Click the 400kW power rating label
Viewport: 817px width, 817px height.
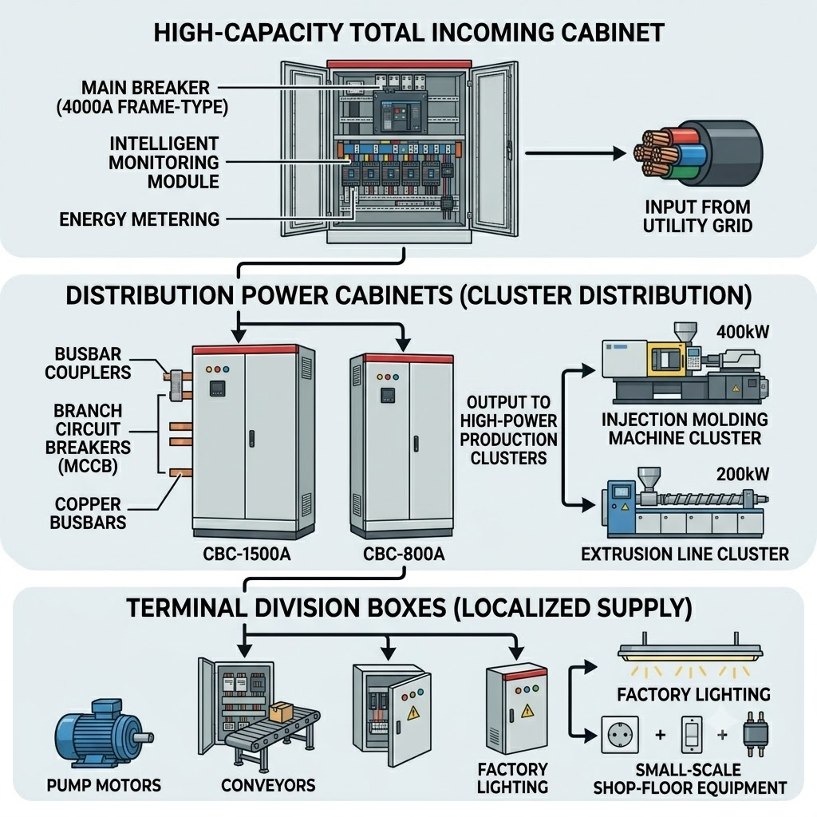pyautogui.click(x=743, y=332)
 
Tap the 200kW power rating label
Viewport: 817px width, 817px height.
pyautogui.click(x=743, y=474)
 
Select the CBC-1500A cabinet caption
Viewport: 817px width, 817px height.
pyautogui.click(x=247, y=554)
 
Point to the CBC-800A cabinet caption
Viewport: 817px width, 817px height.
pyautogui.click(x=404, y=554)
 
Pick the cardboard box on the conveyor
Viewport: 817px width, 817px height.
pyautogui.click(x=282, y=712)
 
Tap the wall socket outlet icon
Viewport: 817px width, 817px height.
pyautogui.click(x=620, y=735)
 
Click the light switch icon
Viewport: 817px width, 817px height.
pyautogui.click(x=692, y=735)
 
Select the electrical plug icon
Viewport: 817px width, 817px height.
pyautogui.click(x=755, y=734)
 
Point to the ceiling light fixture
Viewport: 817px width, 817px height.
pyautogui.click(x=690, y=650)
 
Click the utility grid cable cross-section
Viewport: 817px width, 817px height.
pyautogui.click(x=698, y=153)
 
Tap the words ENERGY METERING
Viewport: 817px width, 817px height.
pyautogui.click(x=139, y=219)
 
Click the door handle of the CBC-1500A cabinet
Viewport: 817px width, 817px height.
pyautogui.click(x=251, y=439)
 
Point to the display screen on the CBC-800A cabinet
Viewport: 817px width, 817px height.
pyautogui.click(x=387, y=396)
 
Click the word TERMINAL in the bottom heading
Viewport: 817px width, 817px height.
pyautogui.click(x=185, y=608)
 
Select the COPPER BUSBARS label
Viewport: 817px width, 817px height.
pyautogui.click(x=88, y=513)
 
